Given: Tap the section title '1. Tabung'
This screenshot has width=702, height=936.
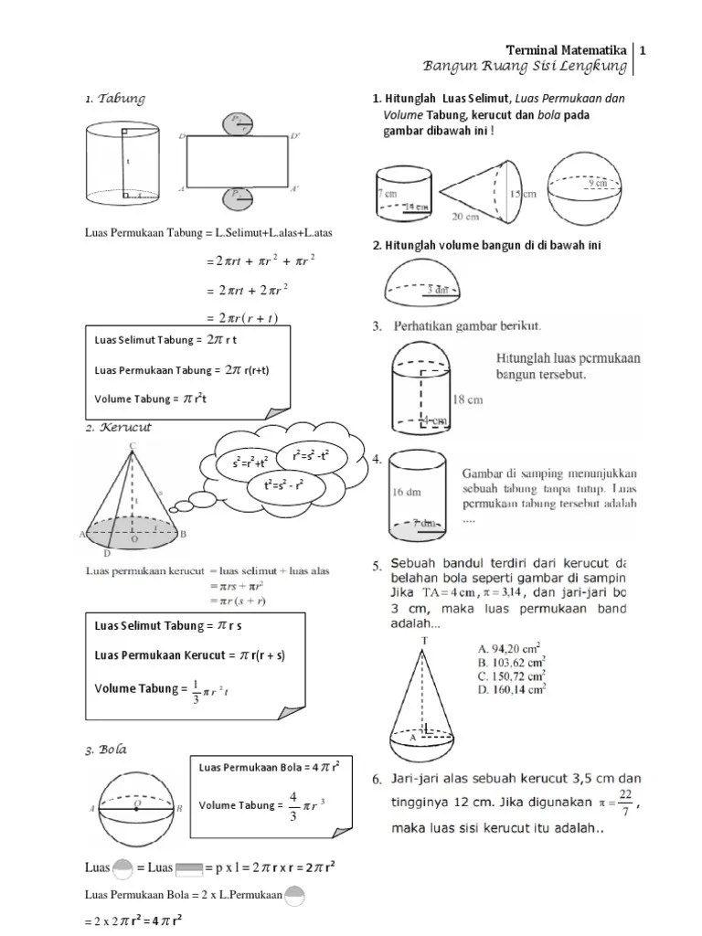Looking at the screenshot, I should point(115,99).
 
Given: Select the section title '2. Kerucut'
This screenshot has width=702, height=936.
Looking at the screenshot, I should point(120,427).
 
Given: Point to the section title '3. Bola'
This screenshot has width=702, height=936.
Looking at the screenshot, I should point(107,750).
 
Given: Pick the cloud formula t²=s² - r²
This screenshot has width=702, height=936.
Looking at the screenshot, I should point(283,485).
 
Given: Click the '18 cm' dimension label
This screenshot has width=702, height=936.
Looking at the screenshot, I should point(467,399).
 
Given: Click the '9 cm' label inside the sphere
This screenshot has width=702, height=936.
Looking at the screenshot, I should point(600,183).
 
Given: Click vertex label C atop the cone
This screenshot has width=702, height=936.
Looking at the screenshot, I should point(133,445).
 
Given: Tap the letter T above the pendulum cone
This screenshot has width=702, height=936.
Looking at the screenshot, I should point(424,642).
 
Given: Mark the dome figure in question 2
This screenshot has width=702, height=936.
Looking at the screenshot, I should point(427,282).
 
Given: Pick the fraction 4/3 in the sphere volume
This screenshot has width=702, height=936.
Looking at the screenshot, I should point(293,805).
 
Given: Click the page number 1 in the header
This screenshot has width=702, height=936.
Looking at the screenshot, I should point(643,49).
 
